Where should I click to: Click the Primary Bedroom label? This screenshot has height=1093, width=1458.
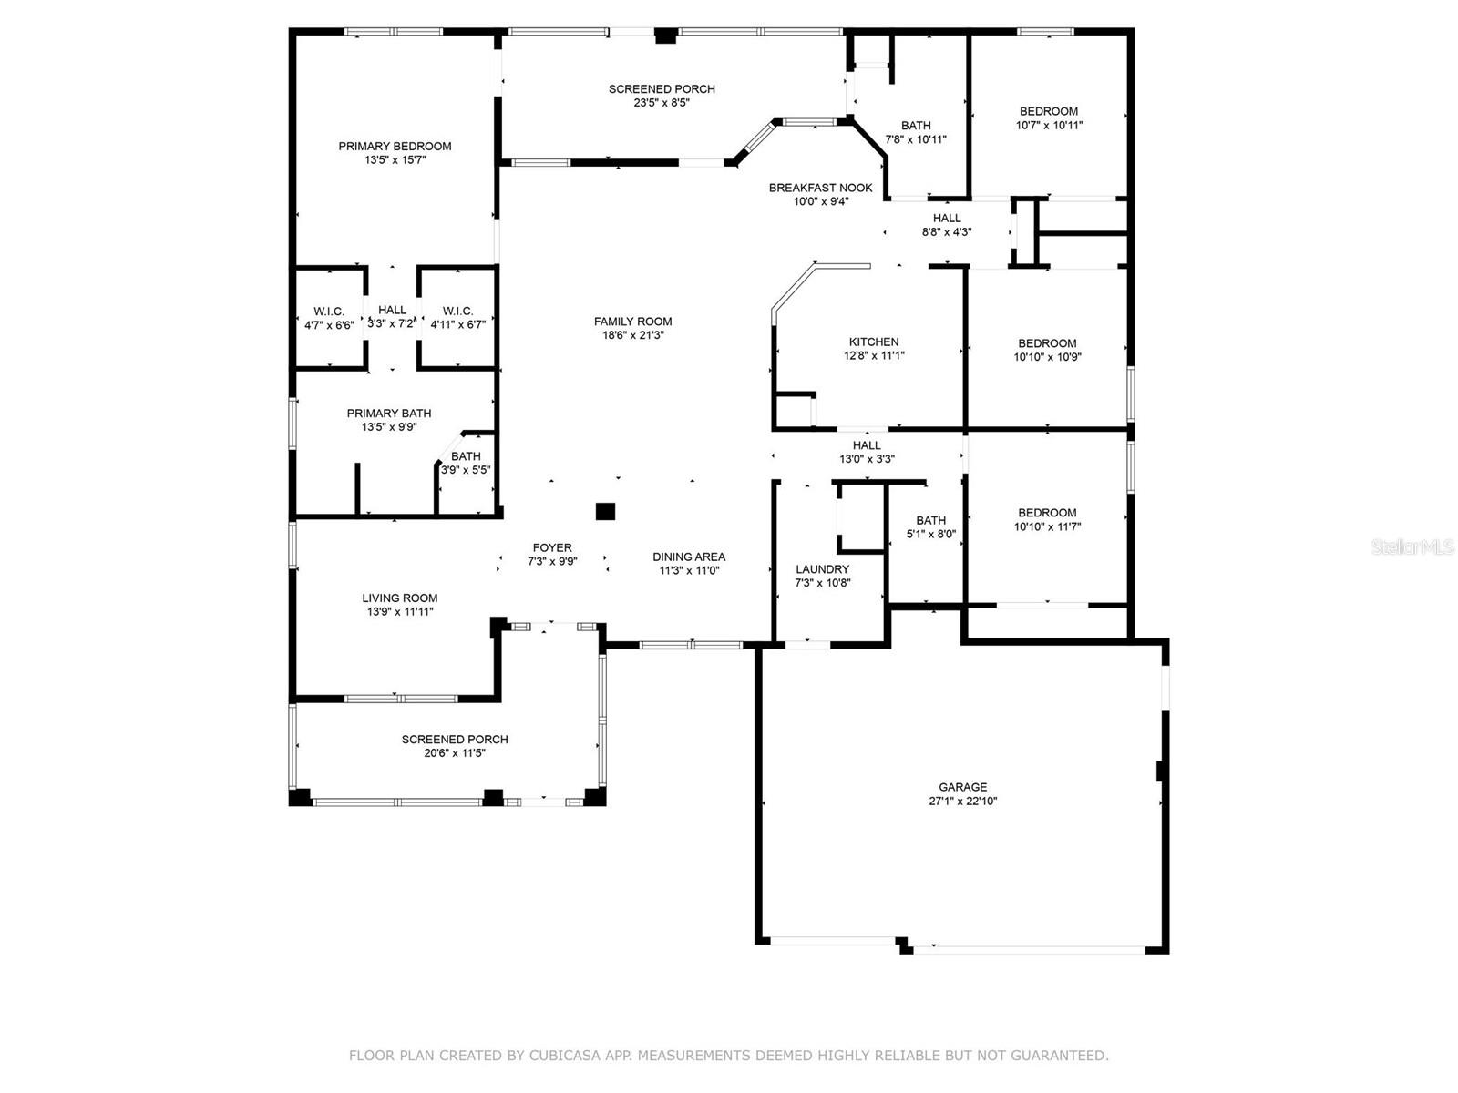tap(395, 146)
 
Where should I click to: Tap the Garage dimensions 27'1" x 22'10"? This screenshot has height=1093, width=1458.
tap(962, 801)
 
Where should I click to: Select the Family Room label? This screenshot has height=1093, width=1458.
tap(632, 322)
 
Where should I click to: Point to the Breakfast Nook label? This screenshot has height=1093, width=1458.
tap(820, 188)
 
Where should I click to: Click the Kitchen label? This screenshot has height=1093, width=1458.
tap(874, 342)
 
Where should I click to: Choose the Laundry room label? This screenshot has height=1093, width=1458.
tap(822, 568)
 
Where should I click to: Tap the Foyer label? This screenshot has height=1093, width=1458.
tap(552, 547)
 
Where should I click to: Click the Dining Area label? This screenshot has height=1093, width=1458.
tap(689, 557)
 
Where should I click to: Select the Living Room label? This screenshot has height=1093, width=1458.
tap(400, 598)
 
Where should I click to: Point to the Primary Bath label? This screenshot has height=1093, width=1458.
tap(388, 414)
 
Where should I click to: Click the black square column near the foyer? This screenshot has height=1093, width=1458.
tap(605, 512)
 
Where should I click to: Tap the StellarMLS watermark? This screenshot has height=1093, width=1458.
tap(1412, 546)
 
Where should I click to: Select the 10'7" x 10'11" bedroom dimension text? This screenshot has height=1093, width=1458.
tap(1049, 125)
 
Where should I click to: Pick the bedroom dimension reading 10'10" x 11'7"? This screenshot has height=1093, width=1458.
tap(1047, 527)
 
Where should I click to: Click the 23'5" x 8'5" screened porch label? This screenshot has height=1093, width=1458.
tap(662, 103)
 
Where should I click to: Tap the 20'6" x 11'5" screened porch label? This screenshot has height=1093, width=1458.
tap(455, 753)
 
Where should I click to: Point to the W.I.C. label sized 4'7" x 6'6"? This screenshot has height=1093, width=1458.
tap(329, 319)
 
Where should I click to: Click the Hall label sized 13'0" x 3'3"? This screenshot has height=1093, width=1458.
tap(867, 452)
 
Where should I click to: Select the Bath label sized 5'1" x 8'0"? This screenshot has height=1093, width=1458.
tap(930, 527)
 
